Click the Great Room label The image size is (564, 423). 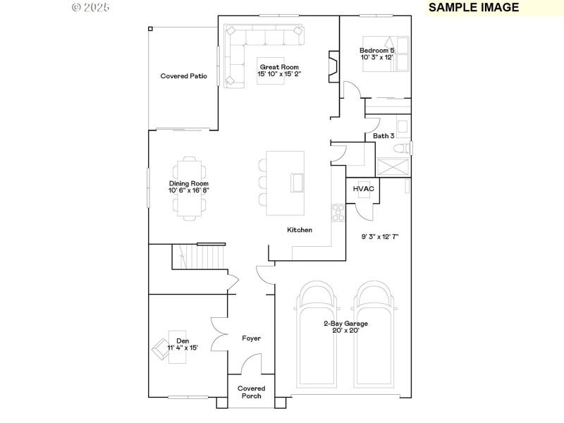[274, 67]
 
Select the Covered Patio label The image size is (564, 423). [183, 76]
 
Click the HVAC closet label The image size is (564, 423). [364, 189]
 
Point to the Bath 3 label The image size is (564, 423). [384, 136]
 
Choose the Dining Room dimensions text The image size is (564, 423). [189, 190]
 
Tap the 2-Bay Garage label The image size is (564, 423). [345, 324]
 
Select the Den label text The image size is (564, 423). [183, 341]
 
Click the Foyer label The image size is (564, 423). [251, 338]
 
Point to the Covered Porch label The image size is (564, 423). [251, 392]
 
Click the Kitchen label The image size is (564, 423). [299, 230]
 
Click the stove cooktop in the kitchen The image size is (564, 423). [338, 211]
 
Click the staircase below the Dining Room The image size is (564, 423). [198, 256]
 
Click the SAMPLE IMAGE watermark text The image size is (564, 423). [474, 8]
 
